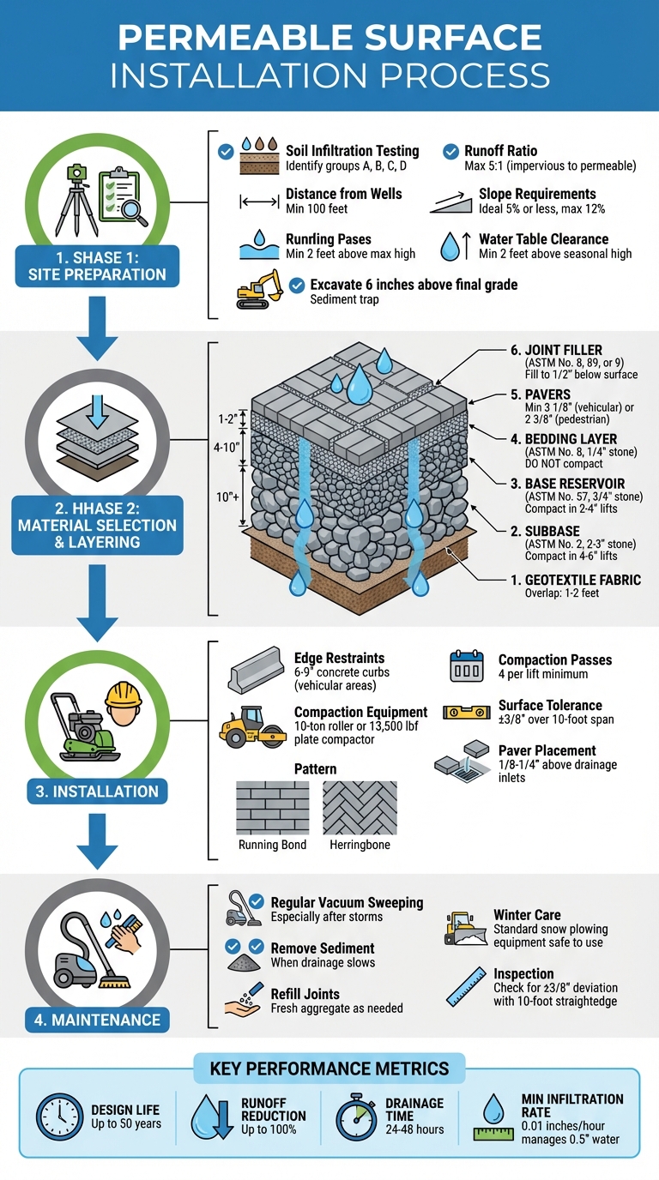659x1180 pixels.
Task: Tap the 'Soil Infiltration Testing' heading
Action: [352, 151]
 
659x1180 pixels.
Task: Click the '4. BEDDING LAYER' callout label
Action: [571, 439]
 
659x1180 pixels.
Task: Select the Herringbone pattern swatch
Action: [360, 808]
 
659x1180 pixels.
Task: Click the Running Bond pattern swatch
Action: [272, 808]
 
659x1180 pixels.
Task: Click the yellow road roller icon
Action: [254, 725]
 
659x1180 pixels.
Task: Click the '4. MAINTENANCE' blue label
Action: [97, 1020]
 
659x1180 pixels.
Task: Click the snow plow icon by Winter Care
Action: [466, 929]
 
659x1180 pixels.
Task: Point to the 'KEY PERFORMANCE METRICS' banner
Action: [329, 1069]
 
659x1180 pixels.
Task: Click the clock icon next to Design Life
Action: [60, 1116]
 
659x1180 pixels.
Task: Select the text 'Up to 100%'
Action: [257, 1130]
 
